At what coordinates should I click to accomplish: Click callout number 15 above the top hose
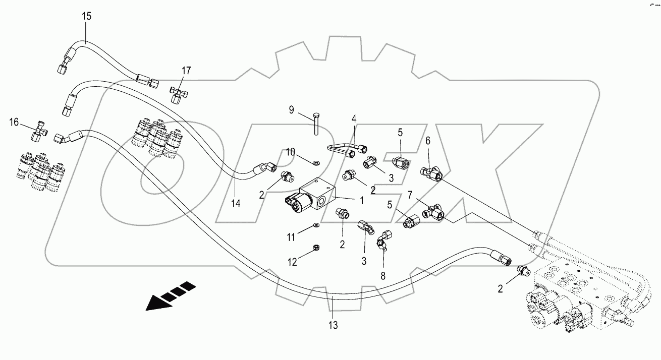(x=87, y=16)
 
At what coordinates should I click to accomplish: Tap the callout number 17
(x=186, y=71)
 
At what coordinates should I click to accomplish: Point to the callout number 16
(x=14, y=122)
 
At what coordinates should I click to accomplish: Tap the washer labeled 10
(x=316, y=163)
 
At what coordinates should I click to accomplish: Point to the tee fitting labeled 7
(x=434, y=213)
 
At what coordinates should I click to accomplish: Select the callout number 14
(x=236, y=204)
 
